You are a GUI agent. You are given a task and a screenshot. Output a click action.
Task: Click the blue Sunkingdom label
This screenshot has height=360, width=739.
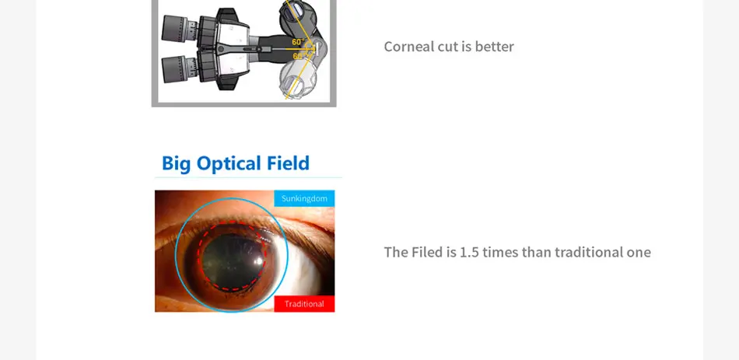coord(304,198)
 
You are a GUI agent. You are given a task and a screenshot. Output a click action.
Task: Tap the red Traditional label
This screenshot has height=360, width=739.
coord(304,303)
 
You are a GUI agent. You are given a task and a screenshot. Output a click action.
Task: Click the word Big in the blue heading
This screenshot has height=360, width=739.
coord(176,164)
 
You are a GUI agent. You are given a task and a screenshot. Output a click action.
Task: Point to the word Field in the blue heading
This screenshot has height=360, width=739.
coord(288,163)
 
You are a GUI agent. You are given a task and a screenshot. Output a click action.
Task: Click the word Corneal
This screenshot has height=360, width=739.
coord(408,47)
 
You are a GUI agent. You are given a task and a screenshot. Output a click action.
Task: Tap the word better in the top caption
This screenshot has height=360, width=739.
coord(494,47)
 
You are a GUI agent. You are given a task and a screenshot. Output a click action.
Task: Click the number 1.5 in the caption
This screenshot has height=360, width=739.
coord(469,252)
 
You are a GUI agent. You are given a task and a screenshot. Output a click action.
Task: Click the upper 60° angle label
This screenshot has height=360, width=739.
coord(297,42)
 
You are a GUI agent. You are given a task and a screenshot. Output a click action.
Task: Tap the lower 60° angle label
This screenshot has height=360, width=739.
coord(297,56)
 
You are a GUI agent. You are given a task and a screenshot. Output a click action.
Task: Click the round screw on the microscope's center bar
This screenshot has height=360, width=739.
coord(220,50)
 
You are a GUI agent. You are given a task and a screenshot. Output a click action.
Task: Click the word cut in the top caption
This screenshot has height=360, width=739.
coord(447,47)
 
